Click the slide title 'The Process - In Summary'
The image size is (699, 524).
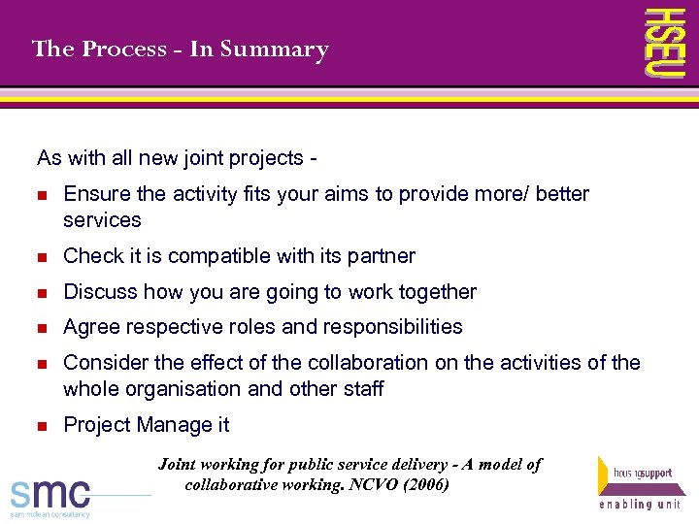pos(180,49)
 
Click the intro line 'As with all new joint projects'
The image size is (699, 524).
pos(179,157)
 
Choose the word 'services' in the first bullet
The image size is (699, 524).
pos(102,220)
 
